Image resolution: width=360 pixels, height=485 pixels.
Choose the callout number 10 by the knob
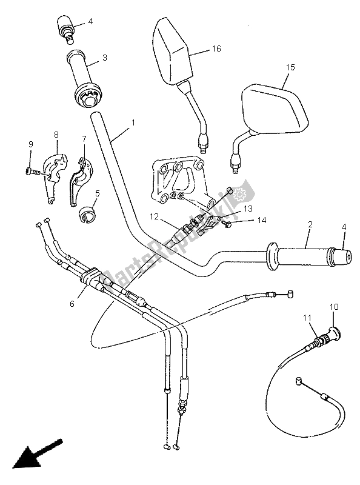coord(332,307)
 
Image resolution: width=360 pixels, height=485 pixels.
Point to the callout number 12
coord(155,216)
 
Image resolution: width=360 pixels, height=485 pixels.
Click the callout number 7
coord(85,139)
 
